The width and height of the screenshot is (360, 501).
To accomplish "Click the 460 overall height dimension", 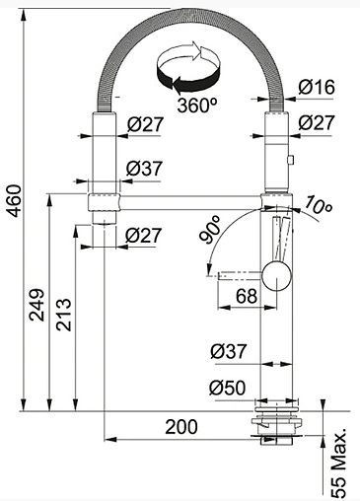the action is [15, 201].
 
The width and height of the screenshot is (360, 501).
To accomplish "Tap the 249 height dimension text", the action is [36, 305].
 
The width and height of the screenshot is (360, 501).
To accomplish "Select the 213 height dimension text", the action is [63, 315].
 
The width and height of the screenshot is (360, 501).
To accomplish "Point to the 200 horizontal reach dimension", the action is [181, 427].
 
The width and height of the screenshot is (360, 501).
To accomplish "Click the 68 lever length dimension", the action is [247, 296].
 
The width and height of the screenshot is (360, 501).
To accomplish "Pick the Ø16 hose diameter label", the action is [317, 87].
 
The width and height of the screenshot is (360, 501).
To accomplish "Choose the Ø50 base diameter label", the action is [227, 388].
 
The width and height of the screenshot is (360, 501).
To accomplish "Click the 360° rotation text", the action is [197, 106].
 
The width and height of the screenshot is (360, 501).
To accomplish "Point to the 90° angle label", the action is [209, 230].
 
